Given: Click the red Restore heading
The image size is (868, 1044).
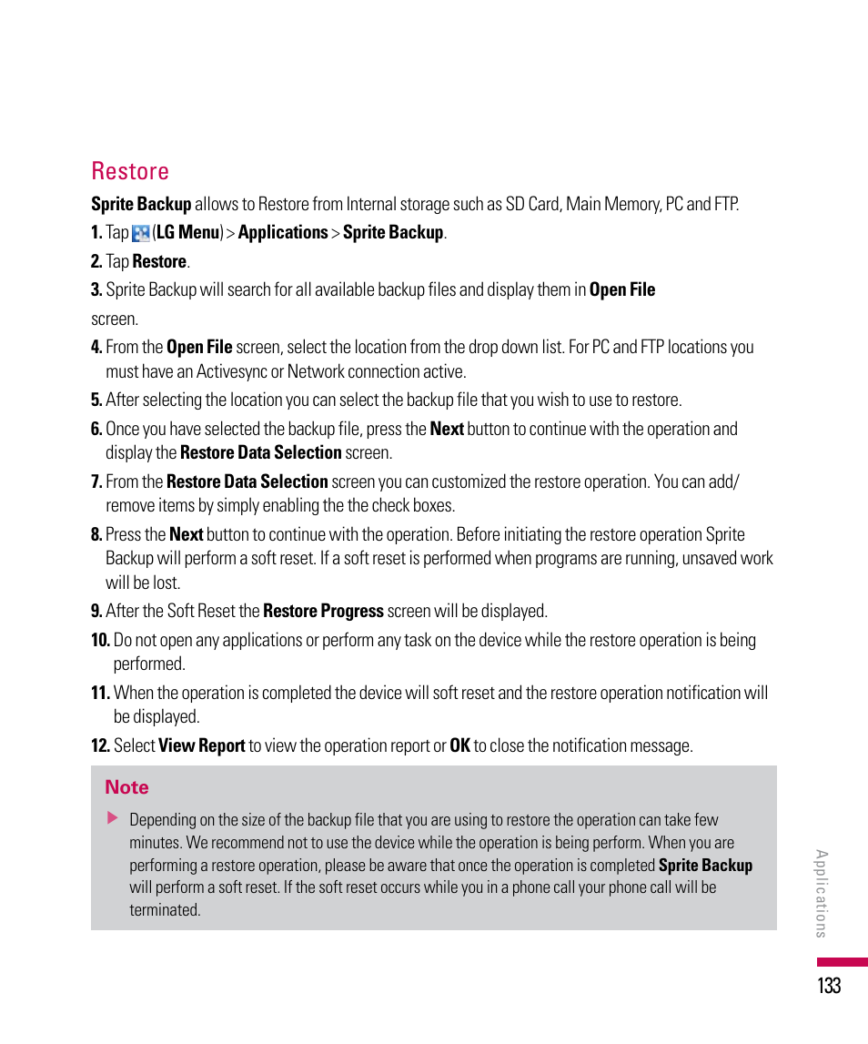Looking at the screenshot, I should [130, 171].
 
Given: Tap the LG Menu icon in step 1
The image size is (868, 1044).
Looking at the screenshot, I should [141, 233].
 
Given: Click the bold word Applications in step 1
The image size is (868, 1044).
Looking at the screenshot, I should [282, 232].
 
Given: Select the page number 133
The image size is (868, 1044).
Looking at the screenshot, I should [829, 985].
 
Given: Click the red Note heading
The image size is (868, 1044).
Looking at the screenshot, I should [126, 787].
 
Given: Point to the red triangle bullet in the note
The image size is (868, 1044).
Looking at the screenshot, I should [113, 818].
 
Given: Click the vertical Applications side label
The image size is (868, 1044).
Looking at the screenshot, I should [821, 893].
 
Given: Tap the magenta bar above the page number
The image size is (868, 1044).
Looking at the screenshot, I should [842, 962].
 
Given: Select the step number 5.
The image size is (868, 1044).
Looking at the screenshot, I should [96, 400].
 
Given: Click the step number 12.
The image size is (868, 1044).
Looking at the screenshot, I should [100, 745].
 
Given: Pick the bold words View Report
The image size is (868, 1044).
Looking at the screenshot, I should [202, 745].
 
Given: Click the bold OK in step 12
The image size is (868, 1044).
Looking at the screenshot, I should [459, 745].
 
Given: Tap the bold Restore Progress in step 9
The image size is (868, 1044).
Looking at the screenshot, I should [323, 611].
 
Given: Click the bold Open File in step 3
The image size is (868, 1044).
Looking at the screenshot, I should [622, 289].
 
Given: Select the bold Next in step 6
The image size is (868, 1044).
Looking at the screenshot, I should [447, 429].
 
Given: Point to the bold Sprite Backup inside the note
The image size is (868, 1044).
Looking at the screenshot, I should [705, 866].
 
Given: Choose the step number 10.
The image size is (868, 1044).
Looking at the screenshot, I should [100, 640].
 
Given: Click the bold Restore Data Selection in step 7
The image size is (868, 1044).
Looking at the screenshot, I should [247, 481].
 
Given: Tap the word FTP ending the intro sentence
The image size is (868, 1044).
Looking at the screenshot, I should [724, 204].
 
